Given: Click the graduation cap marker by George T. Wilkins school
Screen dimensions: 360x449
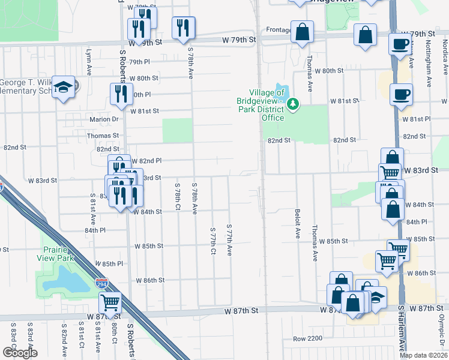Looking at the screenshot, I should pos(63,88).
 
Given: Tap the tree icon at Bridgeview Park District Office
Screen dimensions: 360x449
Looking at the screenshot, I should pos(293,105).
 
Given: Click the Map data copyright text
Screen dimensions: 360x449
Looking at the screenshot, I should pos(423,355).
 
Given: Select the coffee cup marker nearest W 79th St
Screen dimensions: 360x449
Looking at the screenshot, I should pos(400,44).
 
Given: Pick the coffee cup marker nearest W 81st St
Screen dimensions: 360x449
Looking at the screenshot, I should pos(401,94).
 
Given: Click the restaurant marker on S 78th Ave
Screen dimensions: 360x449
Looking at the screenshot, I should pos(183,27).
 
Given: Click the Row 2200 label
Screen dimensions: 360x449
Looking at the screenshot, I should pos(307,339).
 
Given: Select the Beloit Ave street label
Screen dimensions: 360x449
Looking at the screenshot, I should pos(297,224).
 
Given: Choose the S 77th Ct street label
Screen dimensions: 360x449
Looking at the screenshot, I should pos(212,241).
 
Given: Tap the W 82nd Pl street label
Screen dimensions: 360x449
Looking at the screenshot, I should pos(147,161).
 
